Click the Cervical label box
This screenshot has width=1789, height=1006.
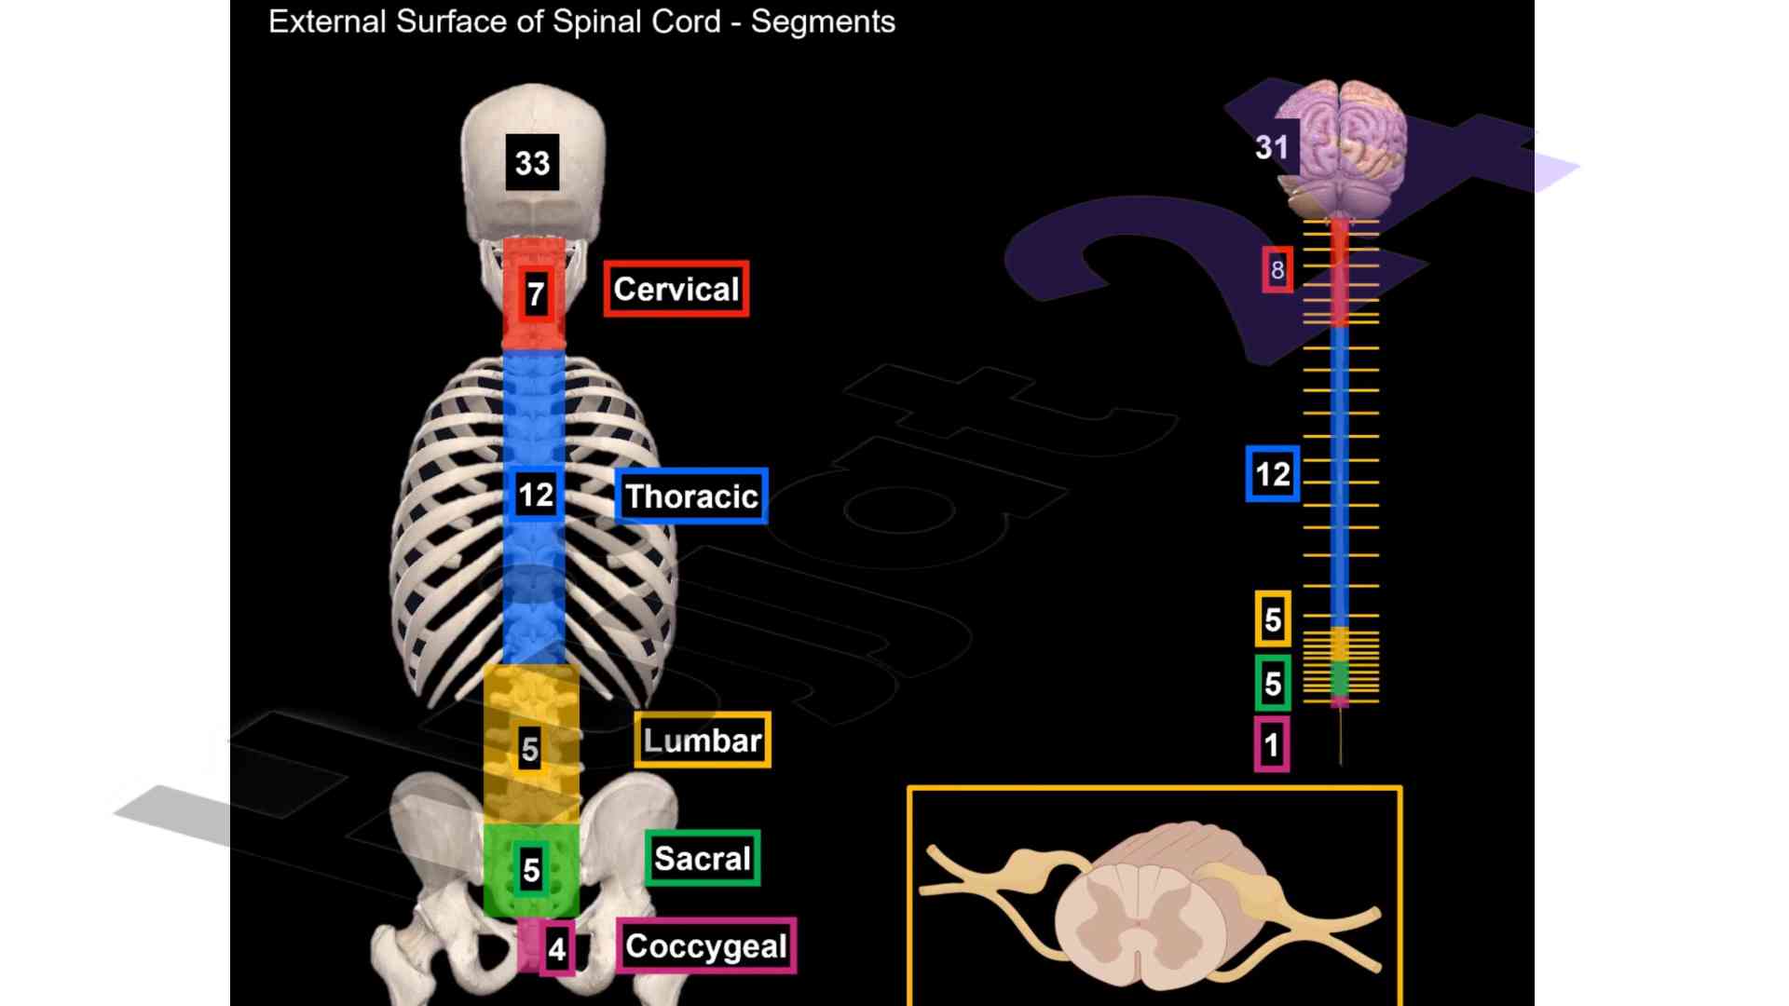676,289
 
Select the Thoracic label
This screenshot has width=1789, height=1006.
691,496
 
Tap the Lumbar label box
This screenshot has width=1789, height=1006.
703,741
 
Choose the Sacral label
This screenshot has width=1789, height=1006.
703,858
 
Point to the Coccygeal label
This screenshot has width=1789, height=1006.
706,945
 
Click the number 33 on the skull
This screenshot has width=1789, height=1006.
532,162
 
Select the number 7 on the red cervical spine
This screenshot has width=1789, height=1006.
535,294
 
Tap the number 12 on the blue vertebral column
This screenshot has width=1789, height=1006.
536,494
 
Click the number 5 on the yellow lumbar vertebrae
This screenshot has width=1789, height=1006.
529,748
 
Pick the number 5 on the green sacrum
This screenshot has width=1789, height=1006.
531,869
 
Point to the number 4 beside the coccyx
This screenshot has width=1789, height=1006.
557,949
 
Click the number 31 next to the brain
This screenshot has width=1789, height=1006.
1272,146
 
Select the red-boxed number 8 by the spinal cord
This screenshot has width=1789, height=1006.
1277,270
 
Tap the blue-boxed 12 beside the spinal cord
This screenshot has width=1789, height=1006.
1273,474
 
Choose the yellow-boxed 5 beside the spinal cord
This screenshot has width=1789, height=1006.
1273,619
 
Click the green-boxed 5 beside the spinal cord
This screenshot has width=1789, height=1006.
1273,684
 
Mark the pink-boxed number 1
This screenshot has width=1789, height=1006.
1272,745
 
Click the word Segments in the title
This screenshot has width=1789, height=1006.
823,21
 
